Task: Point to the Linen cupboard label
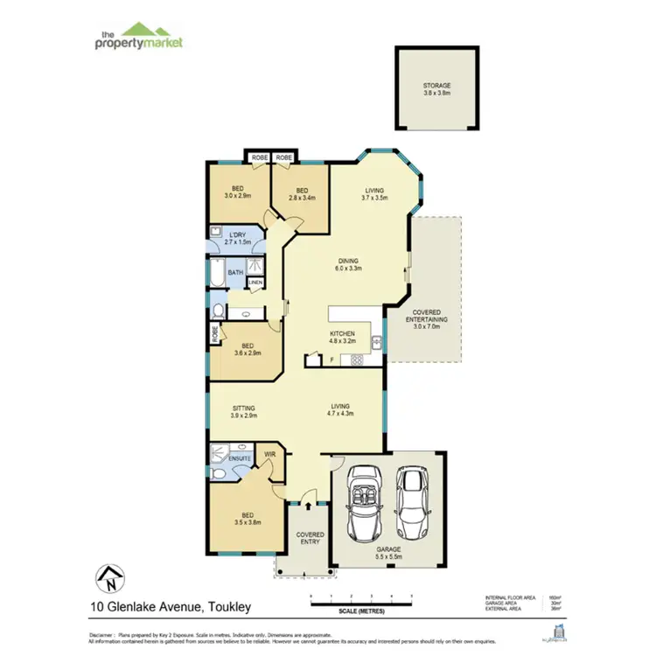255,283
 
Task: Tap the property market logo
138,38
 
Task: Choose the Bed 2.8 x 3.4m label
302,193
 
